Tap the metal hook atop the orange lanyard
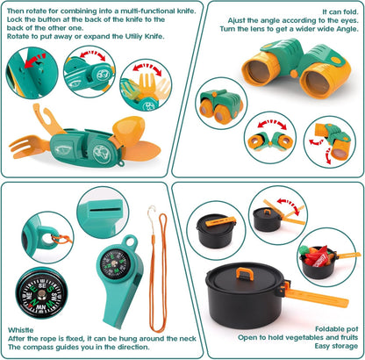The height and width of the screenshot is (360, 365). [x=150, y=212]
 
